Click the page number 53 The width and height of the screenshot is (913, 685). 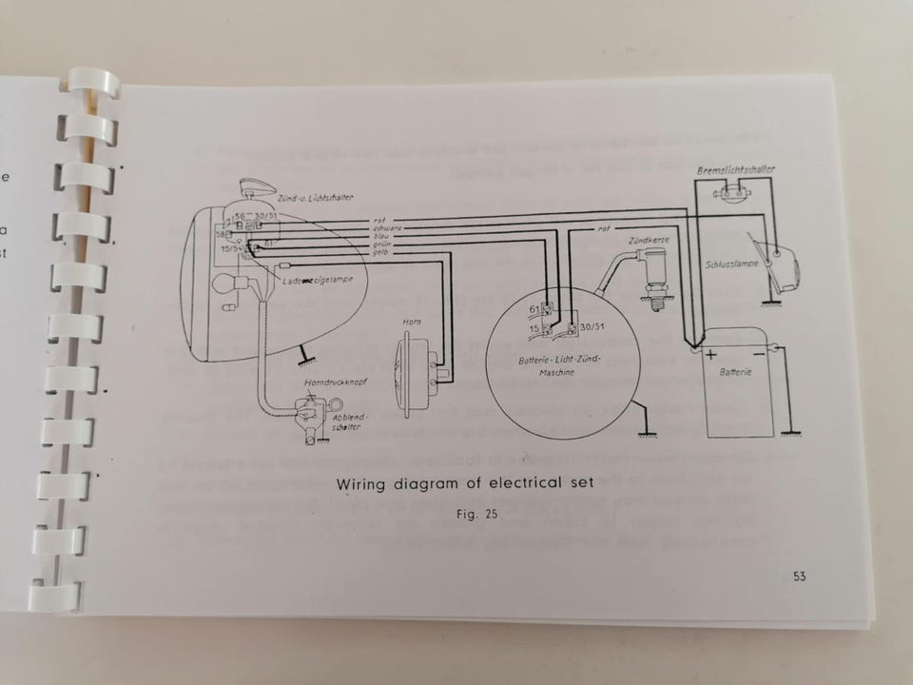(x=797, y=576)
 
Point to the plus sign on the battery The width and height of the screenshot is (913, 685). (x=710, y=351)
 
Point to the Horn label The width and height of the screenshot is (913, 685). (x=413, y=323)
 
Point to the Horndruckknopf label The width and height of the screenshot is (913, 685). (x=322, y=382)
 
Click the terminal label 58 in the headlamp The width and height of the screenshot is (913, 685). (x=222, y=233)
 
